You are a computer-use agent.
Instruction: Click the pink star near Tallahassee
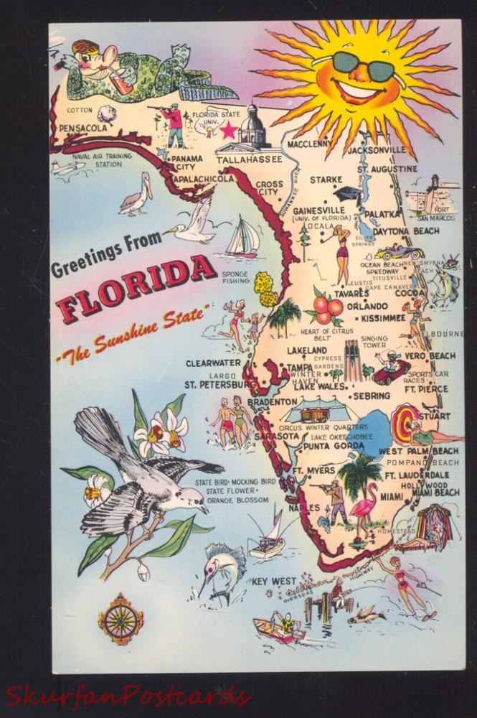point(228,131)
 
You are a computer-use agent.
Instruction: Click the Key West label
point(273,581)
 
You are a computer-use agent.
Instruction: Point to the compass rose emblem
point(120,619)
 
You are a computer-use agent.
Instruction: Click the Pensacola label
point(83,128)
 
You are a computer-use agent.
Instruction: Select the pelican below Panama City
point(136,195)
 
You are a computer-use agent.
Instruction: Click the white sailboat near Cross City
point(242,238)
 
